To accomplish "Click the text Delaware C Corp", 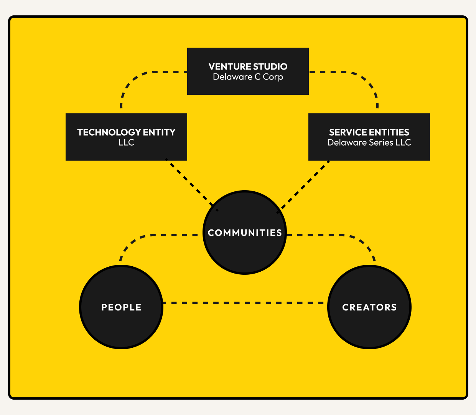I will pyautogui.click(x=248, y=77).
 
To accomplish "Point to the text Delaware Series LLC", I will pyautogui.click(x=369, y=143).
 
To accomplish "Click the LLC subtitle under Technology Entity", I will pyautogui.click(x=126, y=143).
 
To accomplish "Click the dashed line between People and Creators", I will pyautogui.click(x=245, y=303).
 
